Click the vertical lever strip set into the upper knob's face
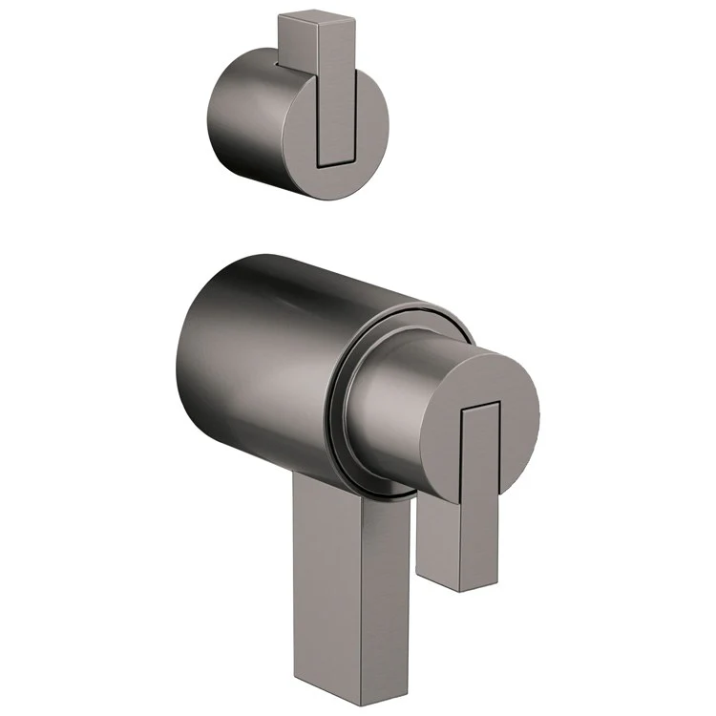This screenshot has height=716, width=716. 335,115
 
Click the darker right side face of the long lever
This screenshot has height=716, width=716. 377,592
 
